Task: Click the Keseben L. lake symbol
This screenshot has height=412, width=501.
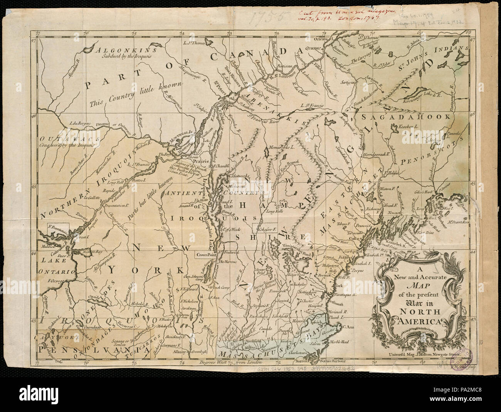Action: coord(394,126)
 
